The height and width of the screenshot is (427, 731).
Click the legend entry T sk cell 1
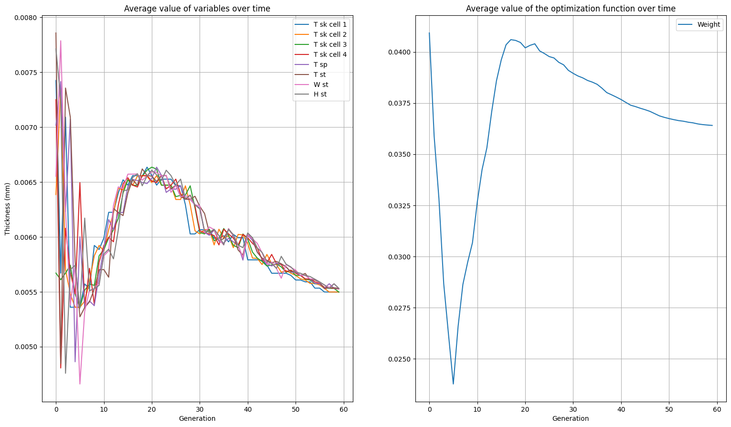(330, 24)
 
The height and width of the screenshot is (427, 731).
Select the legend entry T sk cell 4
(330, 54)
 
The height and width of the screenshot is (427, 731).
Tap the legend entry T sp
(320, 64)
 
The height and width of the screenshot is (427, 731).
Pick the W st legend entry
(321, 85)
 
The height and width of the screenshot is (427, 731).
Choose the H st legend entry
(320, 95)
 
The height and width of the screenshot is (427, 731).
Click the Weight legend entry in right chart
(709, 25)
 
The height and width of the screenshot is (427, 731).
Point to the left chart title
(197, 9)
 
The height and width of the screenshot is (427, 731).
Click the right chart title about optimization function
(571, 9)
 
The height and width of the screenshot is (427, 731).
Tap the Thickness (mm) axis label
(7, 209)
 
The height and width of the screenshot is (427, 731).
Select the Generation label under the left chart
(197, 418)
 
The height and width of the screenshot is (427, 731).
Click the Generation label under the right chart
(571, 418)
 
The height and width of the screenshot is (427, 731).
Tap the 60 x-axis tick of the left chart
(344, 409)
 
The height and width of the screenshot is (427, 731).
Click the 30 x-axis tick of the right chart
(573, 409)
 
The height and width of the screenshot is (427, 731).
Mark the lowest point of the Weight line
(453, 384)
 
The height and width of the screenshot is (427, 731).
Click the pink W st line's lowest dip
(80, 384)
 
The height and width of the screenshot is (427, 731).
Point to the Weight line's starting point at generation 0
(429, 33)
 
